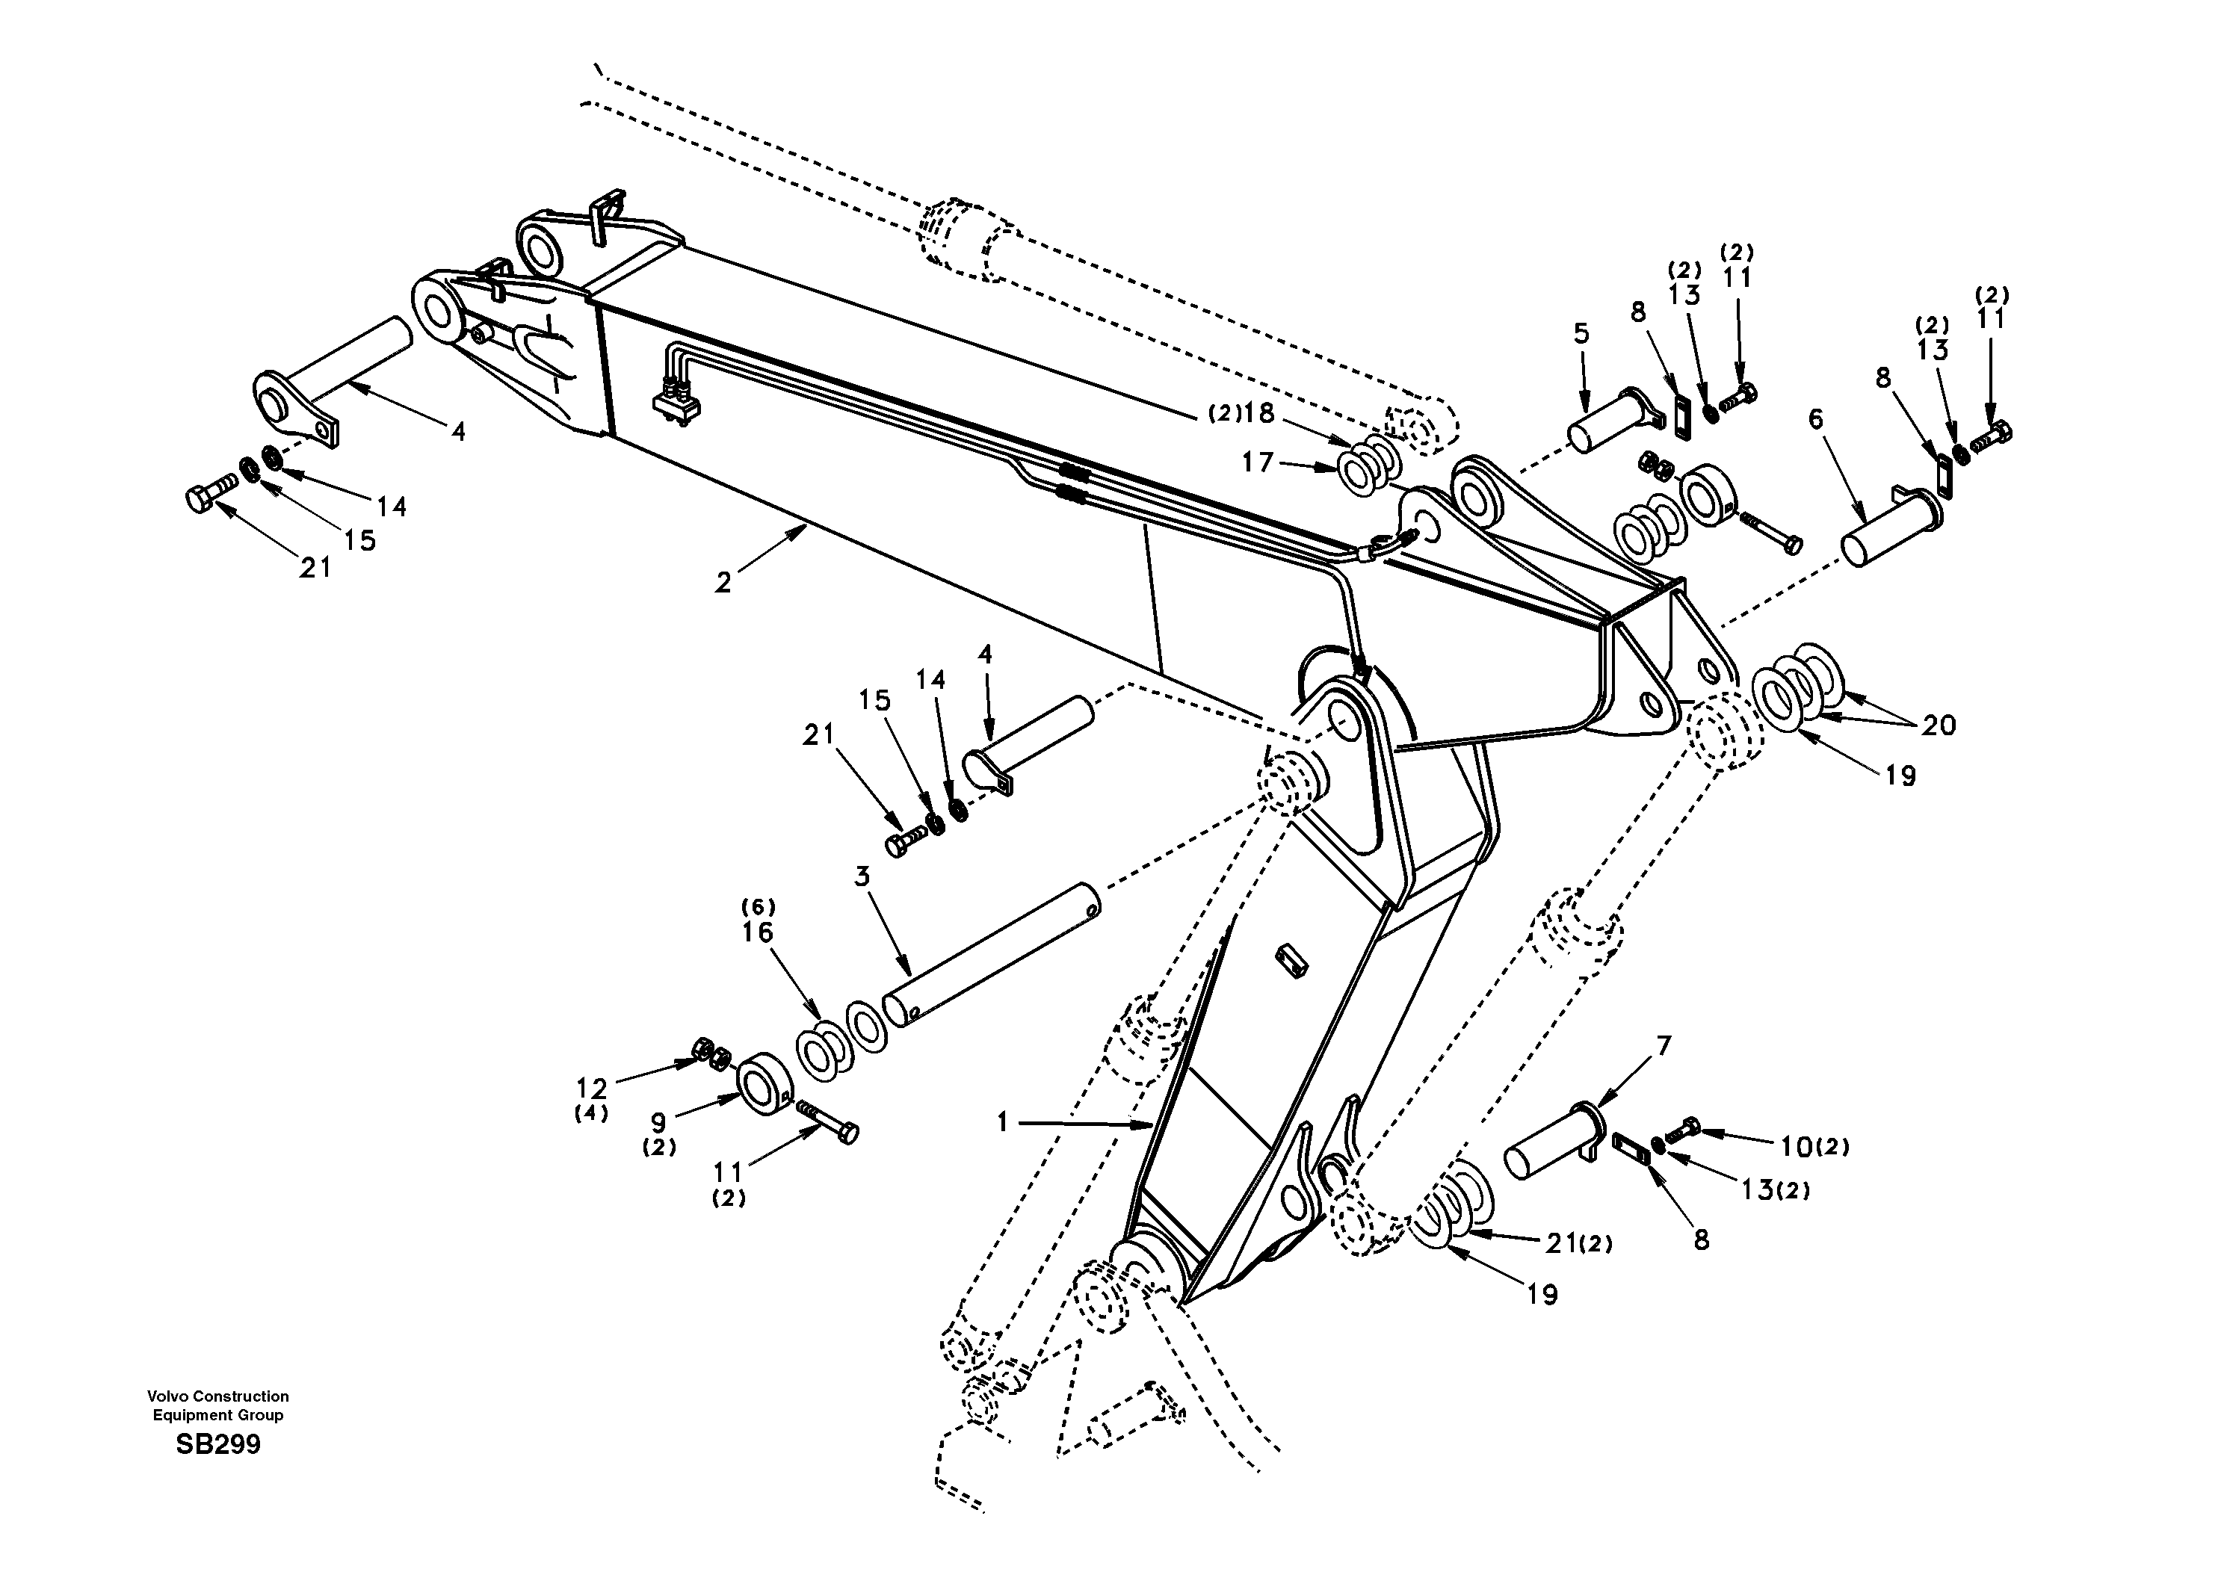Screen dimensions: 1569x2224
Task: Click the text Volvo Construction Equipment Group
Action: point(218,1405)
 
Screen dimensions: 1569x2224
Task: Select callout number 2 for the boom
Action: point(723,583)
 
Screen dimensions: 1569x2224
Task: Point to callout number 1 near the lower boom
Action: point(1004,1122)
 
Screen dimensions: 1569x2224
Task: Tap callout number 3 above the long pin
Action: point(862,876)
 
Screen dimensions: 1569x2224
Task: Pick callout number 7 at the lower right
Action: point(1664,1046)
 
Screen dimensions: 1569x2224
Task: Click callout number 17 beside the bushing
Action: point(1257,464)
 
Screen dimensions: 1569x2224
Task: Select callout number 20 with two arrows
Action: point(1939,725)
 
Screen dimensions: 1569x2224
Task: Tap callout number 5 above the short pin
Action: point(1581,334)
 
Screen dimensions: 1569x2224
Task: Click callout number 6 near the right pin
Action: point(1815,418)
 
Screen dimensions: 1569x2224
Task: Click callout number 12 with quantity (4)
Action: point(592,1089)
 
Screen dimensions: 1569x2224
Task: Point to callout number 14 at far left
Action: point(392,507)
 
